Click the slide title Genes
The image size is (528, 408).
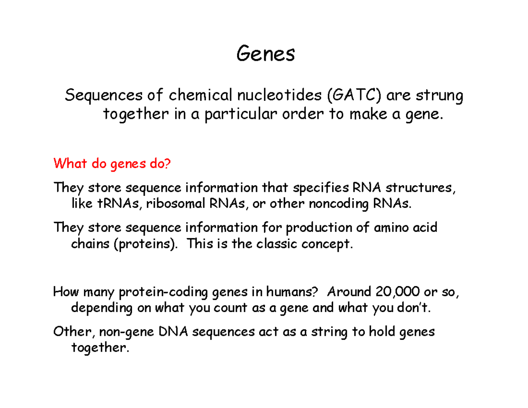point(265,55)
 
